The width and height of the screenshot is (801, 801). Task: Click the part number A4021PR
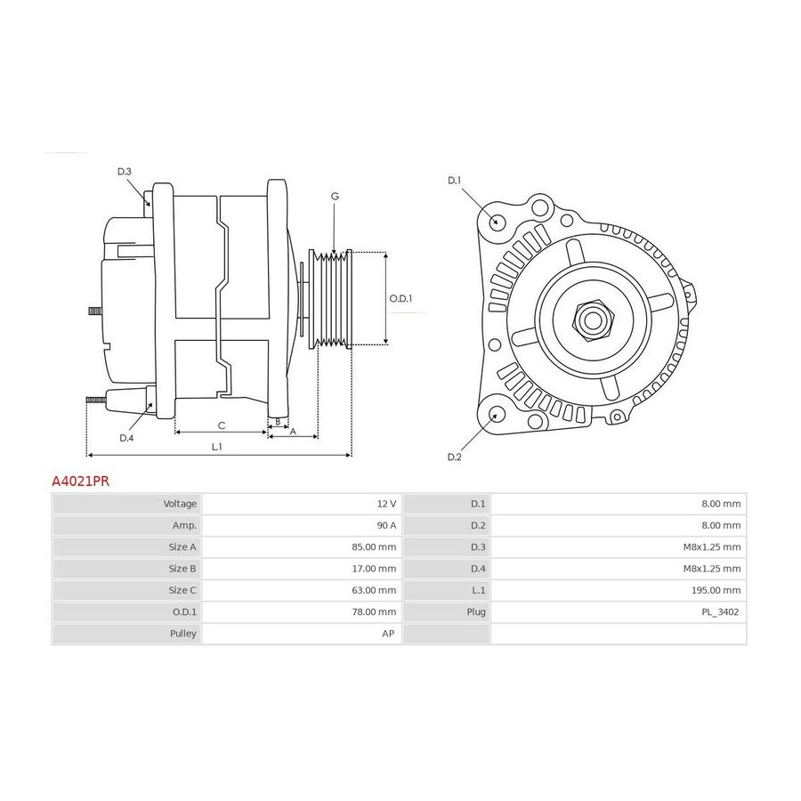coord(81,481)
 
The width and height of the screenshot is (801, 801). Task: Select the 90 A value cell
coord(386,525)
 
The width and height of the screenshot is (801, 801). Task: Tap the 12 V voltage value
coord(387,504)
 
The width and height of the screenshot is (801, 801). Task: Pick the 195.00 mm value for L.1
coord(716,590)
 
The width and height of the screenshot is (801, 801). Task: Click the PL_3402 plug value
coord(720,612)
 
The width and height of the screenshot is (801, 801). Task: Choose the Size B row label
coord(182,569)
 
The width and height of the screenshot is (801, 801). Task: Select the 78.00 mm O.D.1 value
coord(374,612)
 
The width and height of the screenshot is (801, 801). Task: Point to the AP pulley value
coord(388,634)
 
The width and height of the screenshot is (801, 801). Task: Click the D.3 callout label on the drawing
coord(124,172)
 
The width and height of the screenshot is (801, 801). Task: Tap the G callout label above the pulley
coord(335,196)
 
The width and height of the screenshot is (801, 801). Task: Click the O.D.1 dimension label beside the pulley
coord(400,298)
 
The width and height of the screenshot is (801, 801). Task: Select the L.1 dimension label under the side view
coord(217,447)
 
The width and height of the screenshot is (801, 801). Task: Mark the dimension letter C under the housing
coord(222,425)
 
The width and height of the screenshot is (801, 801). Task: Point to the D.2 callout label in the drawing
coord(454,457)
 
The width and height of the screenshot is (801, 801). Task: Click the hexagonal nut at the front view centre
coord(593,320)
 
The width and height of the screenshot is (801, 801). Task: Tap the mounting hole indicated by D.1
coord(495,222)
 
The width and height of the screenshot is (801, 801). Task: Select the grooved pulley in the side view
coord(330,299)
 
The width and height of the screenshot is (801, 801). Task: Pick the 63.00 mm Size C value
coord(374,590)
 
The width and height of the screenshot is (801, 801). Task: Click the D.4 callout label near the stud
coord(126,438)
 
